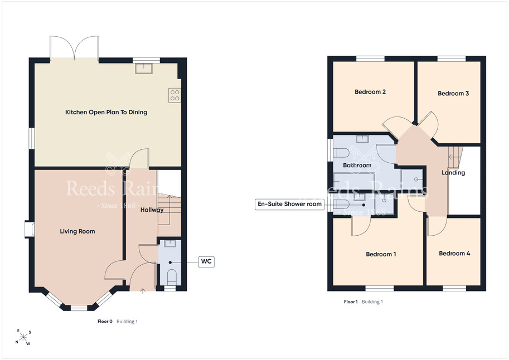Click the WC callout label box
point(206,261)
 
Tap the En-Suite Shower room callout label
point(289,204)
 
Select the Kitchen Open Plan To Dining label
point(106,113)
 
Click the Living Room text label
point(77,231)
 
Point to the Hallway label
point(152,210)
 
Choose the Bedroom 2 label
point(370,92)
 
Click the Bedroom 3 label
point(453,94)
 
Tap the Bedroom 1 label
point(381,254)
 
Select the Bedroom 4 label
point(454,253)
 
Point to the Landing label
point(453,173)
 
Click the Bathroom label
point(357,165)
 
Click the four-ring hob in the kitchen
point(174,95)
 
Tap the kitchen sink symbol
point(144,68)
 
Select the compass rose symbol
point(23,338)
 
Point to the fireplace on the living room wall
point(30,229)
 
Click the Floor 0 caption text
point(105,322)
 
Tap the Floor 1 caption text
point(351,301)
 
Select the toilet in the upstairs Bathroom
point(341,153)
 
